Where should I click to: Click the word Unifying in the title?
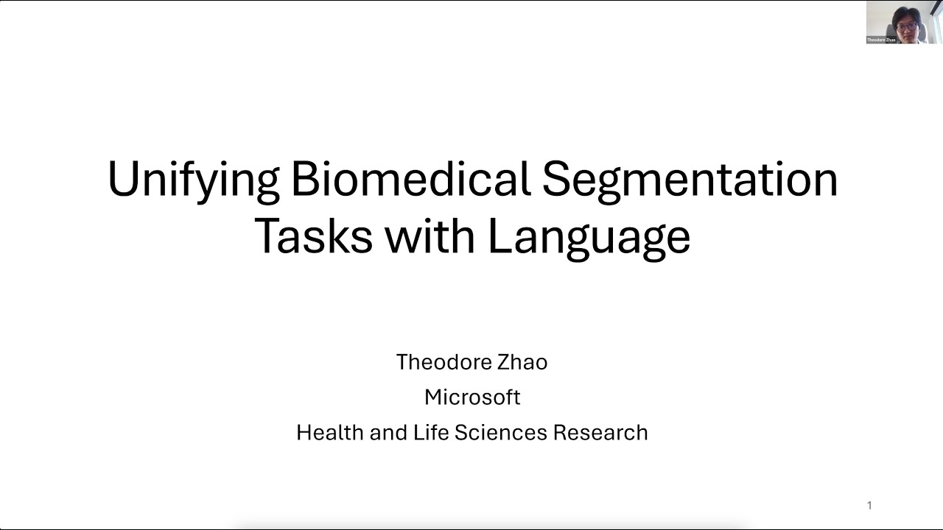click(x=193, y=180)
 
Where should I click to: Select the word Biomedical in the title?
click(x=410, y=180)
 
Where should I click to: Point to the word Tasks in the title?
click(x=314, y=236)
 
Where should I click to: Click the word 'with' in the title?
click(x=430, y=236)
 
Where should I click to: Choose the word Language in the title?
click(x=589, y=237)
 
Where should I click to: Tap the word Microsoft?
click(x=472, y=397)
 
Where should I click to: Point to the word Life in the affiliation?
click(x=431, y=432)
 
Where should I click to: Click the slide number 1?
click(x=869, y=505)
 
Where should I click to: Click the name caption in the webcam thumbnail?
click(x=881, y=40)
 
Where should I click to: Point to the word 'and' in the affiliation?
click(x=388, y=432)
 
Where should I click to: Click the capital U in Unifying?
click(x=124, y=180)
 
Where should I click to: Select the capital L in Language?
click(x=499, y=236)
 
